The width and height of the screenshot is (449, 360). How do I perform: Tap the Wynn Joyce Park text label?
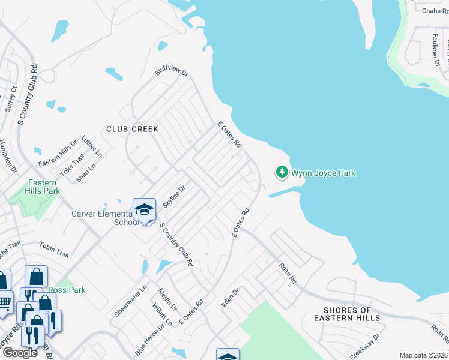324,173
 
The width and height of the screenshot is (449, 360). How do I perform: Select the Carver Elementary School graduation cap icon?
144,209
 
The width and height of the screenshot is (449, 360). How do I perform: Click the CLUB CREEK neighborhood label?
132,129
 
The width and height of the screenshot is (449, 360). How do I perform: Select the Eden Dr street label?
231,298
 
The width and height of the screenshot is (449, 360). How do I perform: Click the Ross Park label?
67,290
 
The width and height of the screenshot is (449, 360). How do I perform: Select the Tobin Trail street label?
55,248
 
